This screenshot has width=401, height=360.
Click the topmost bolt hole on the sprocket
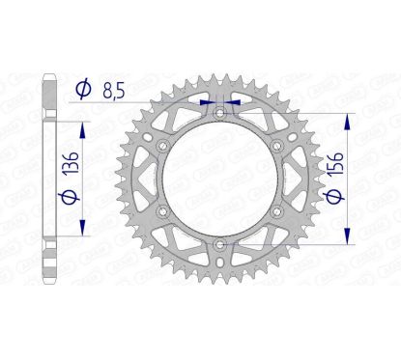(219, 112)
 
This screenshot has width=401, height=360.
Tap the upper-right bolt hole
(278, 146)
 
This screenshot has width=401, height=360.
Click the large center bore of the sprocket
(219, 180)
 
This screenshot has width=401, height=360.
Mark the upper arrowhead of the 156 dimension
(346, 118)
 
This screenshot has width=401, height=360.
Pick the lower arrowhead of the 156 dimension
(346, 241)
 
